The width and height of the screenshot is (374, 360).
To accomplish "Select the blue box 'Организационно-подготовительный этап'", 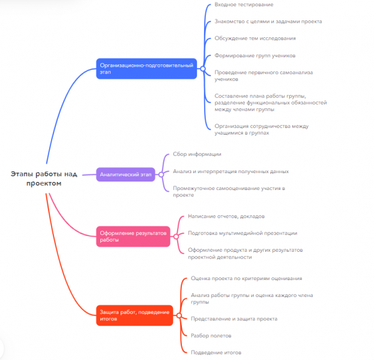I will click(x=147, y=69).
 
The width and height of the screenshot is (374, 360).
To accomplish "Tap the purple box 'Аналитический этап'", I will click(x=126, y=174).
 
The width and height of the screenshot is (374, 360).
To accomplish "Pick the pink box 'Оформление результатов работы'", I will click(x=133, y=236).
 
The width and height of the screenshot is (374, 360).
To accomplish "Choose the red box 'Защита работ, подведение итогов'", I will click(x=135, y=314).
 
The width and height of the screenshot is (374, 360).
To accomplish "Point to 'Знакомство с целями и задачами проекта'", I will click(x=268, y=22).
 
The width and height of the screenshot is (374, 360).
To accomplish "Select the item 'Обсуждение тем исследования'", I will click(x=255, y=38).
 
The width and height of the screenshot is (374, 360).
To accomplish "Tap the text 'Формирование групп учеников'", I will click(x=255, y=56).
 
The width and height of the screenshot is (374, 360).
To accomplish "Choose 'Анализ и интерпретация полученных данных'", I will click(x=235, y=171).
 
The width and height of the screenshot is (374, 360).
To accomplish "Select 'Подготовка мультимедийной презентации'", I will click(x=243, y=233).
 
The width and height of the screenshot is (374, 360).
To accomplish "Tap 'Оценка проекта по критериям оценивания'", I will click(x=246, y=279).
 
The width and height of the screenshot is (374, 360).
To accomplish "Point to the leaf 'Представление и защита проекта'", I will click(x=234, y=319).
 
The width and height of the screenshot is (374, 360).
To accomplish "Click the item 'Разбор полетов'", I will click(x=211, y=335).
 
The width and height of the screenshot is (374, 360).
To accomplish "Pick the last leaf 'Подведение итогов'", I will click(x=216, y=352).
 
